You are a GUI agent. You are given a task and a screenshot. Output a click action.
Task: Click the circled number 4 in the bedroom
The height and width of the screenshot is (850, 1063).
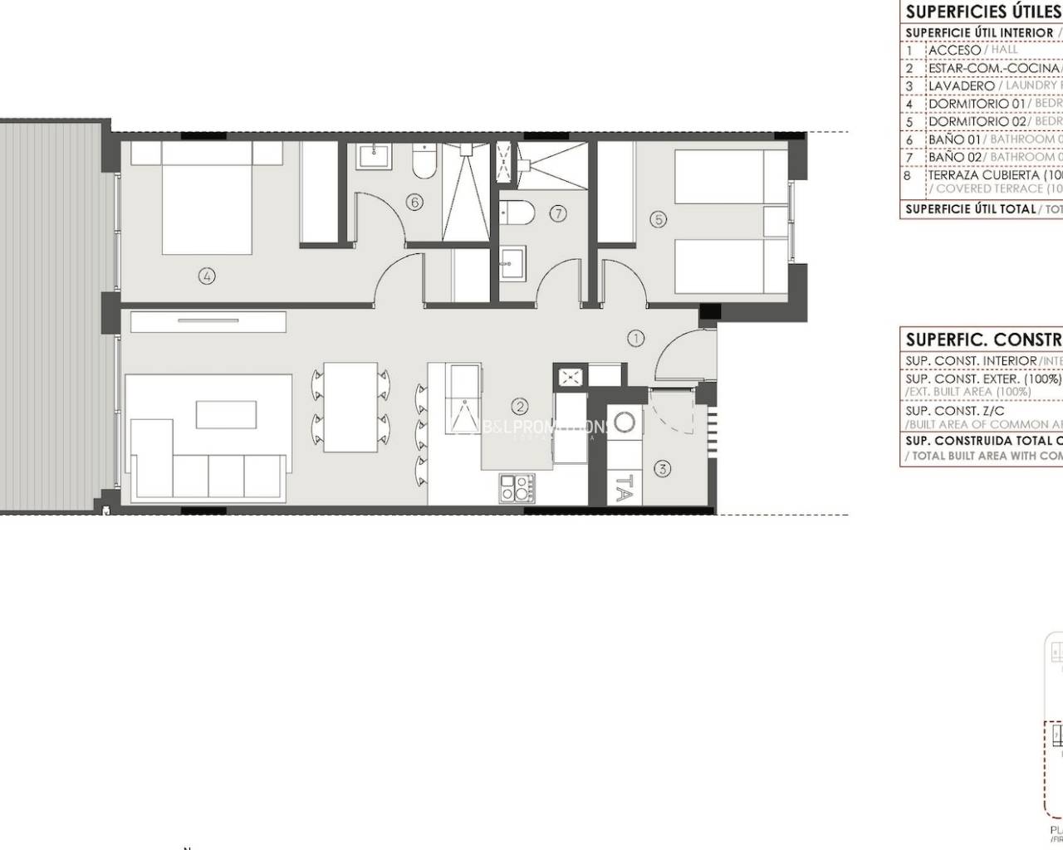207,276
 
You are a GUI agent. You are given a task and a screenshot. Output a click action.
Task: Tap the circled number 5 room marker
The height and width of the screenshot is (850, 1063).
659,219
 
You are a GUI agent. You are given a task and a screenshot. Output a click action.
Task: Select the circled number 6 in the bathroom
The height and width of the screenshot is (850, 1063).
414,202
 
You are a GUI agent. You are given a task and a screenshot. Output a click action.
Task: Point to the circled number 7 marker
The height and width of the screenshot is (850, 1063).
558,213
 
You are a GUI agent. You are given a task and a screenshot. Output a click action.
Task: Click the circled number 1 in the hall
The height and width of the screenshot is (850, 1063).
636,338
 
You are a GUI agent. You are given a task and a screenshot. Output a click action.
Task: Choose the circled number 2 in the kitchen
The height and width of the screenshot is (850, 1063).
520,406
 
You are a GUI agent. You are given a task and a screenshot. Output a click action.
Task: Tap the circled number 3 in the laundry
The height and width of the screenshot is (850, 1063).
662,469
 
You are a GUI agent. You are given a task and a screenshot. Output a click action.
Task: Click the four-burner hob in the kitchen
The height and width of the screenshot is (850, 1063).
516,487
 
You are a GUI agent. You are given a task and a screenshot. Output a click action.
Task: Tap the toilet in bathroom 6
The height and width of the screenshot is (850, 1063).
424,163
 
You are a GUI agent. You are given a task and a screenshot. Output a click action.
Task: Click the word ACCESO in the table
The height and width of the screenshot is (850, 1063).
954,50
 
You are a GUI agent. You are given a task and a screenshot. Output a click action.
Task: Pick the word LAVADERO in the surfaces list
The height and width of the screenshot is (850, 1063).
961,85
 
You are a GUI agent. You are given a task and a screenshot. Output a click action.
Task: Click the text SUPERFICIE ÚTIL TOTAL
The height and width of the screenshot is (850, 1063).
970,209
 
